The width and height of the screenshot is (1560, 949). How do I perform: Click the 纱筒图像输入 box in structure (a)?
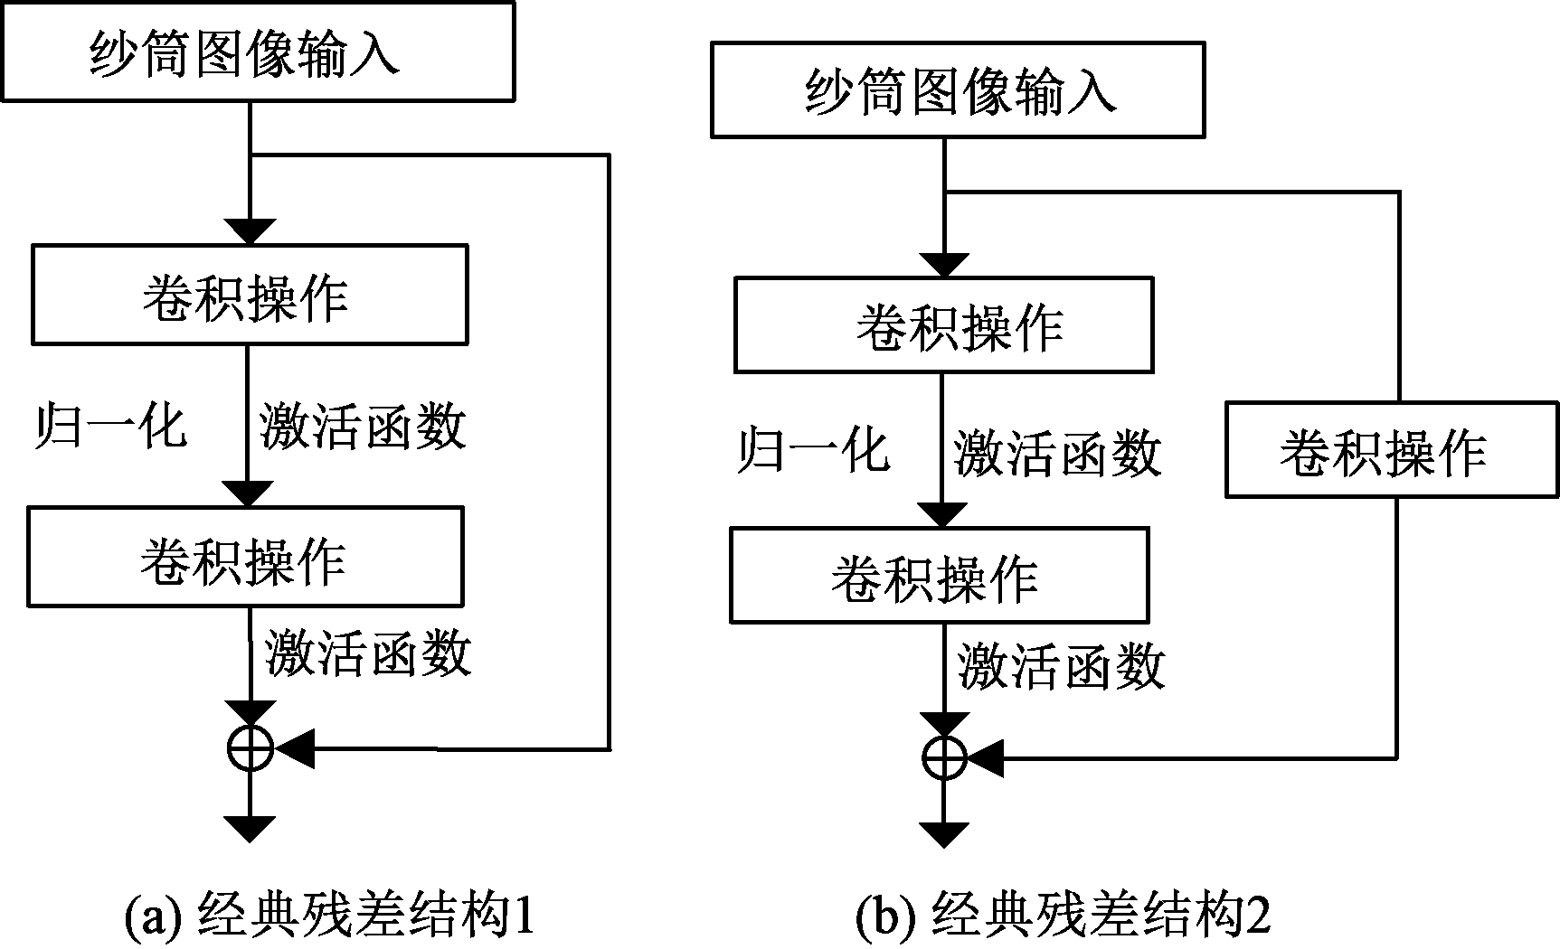257,51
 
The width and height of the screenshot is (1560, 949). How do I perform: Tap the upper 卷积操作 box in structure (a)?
250,295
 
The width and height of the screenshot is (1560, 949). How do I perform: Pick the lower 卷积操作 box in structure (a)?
245,557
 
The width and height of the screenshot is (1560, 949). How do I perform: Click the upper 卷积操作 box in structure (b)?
943,325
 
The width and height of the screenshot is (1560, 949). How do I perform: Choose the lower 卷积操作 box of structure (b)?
939,576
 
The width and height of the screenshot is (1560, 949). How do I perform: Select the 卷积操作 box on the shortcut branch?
1391,450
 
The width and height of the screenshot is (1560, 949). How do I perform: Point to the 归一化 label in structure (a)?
110,426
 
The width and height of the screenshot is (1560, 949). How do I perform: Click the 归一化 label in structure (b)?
812,449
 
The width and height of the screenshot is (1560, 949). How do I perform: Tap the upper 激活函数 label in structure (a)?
363,426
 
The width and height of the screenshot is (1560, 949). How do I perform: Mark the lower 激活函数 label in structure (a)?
368,652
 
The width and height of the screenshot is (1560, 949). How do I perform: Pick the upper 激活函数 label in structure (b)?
1057,452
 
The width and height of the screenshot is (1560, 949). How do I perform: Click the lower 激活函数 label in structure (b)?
1062,667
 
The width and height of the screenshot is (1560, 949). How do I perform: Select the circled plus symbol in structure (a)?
250,748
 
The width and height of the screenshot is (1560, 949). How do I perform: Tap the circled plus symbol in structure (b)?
943,757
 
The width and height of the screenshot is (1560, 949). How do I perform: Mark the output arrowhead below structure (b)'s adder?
943,834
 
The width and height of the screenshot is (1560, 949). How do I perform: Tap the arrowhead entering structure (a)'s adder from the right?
295,748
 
